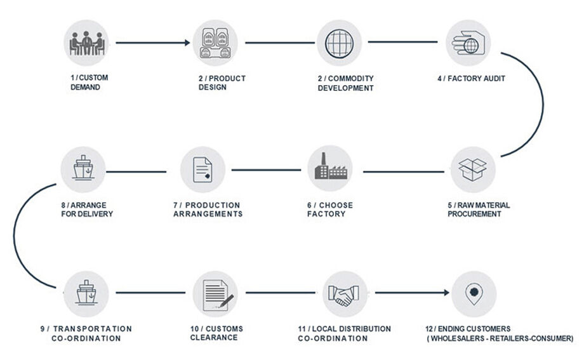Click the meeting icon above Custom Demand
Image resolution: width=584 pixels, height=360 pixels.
tap(86, 43)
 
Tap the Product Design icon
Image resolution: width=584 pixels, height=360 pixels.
tap(215, 43)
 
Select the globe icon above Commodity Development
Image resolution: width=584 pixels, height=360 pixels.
tap(340, 43)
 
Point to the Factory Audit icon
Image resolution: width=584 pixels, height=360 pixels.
tap(468, 43)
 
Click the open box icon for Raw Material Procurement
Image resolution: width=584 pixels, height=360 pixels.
tap(473, 170)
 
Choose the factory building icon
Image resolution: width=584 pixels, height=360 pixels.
tap(330, 168)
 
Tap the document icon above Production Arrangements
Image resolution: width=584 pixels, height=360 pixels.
tap(202, 170)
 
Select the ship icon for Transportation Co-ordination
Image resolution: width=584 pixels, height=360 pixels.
tap(86, 294)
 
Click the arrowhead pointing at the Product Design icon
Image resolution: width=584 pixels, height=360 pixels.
tap(187, 43)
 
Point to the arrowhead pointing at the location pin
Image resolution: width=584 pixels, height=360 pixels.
tap(446, 293)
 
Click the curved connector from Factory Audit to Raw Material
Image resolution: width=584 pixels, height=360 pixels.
tap(543, 104)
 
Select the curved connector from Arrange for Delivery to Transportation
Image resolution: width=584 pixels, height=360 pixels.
tap(15, 235)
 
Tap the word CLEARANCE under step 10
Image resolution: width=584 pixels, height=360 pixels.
tap(214, 338)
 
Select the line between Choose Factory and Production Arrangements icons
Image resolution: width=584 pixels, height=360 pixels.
tap(266, 170)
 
